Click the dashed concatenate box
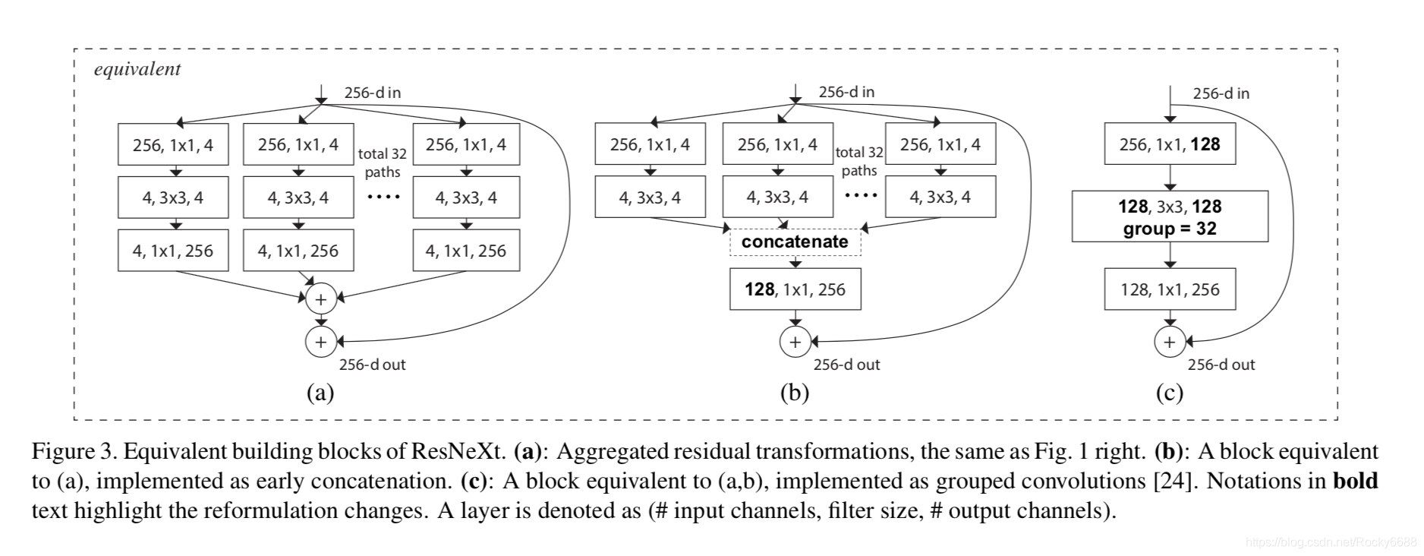[795, 242]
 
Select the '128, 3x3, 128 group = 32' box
[1170, 216]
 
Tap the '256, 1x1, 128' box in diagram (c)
[1170, 144]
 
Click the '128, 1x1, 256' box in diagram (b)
[795, 289]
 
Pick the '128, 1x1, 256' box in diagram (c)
[1170, 289]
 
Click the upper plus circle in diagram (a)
[320, 299]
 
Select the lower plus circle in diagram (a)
[320, 342]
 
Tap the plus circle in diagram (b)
[795, 342]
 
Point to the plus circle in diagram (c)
[1169, 342]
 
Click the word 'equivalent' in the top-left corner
[137, 69]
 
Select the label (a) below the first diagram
[320, 393]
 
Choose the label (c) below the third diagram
[1169, 393]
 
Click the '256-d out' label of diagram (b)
[846, 365]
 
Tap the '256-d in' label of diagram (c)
[1221, 93]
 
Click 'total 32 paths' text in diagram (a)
[383, 163]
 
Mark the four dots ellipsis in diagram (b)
[860, 196]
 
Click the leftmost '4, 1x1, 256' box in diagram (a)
[173, 251]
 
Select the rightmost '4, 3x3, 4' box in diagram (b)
[940, 197]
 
